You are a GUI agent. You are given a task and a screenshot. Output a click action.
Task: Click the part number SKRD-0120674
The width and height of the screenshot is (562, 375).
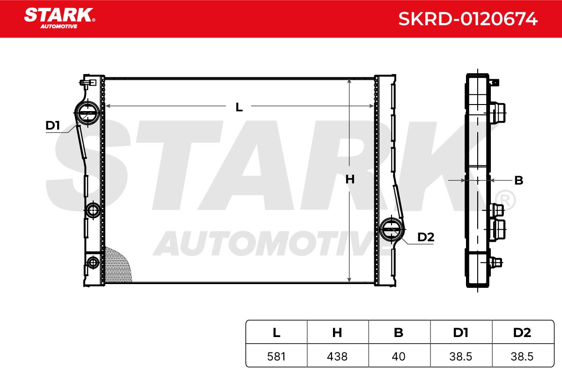pyautogui.click(x=468, y=19)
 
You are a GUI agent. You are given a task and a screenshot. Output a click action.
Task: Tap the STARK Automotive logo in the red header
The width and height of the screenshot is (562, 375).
pyautogui.click(x=60, y=18)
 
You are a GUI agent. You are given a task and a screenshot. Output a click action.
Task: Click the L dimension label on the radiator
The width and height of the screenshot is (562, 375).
pyautogui.click(x=239, y=107)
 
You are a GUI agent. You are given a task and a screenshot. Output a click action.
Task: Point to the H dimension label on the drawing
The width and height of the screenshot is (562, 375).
pyautogui.click(x=350, y=180)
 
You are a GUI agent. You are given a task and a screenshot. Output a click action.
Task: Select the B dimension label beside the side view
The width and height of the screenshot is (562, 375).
pyautogui.click(x=518, y=180)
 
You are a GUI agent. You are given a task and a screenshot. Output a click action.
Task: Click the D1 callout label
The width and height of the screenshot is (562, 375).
pyautogui.click(x=52, y=125)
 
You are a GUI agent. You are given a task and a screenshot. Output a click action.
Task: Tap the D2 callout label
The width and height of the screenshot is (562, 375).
pyautogui.click(x=426, y=237)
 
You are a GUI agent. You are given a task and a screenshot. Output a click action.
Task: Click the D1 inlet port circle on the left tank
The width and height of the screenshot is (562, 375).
pyautogui.click(x=87, y=113)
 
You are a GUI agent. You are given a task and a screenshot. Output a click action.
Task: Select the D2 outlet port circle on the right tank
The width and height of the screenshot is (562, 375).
pyautogui.click(x=392, y=229)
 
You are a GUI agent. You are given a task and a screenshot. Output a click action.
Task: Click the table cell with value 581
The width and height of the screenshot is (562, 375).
pyautogui.click(x=276, y=356)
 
